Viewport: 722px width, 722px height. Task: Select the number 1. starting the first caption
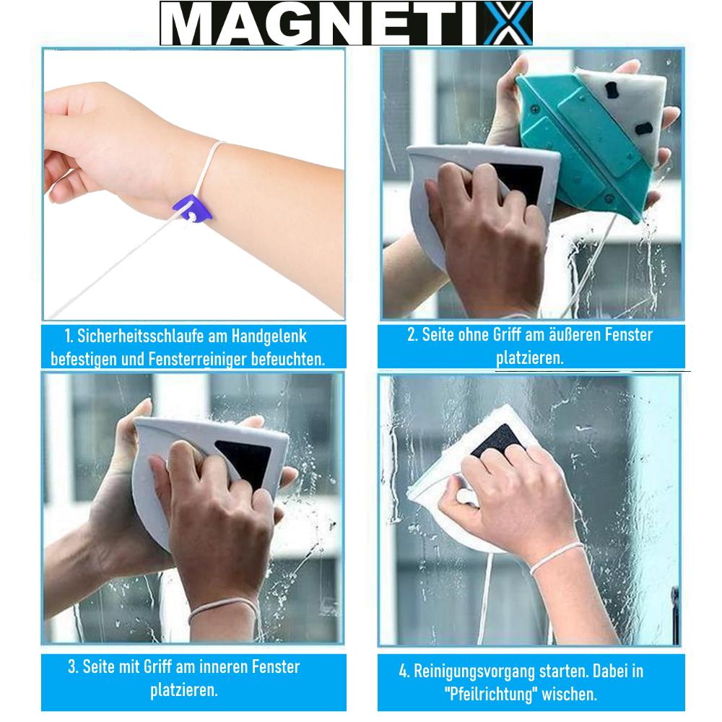point(69,336)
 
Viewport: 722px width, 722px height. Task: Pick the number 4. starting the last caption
point(404,671)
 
